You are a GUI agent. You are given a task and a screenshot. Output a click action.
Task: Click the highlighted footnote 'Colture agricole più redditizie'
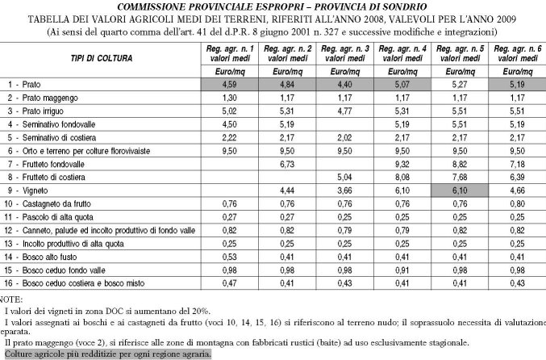(101, 354)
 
